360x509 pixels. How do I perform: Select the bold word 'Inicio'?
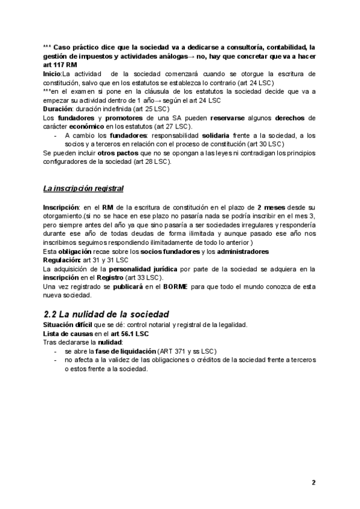tap(52, 73)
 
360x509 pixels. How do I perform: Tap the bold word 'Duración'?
tap(58, 109)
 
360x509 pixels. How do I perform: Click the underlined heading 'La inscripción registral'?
tap(83, 189)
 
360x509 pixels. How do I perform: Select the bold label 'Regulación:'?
tap(62, 261)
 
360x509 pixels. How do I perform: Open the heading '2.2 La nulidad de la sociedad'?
tap(106, 314)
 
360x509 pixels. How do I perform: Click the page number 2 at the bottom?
tap(313, 483)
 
